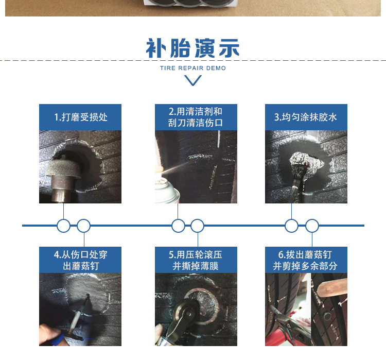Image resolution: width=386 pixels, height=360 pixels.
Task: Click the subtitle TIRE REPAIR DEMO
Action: pyautogui.click(x=193, y=68)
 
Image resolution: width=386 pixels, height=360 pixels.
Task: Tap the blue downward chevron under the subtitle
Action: pyautogui.click(x=193, y=80)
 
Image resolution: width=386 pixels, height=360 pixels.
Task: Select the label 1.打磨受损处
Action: pyautogui.click(x=81, y=117)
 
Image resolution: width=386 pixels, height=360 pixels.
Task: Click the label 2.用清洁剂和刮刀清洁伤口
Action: pyautogui.click(x=196, y=117)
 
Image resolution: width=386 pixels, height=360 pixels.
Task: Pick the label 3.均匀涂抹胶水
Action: pyautogui.click(x=306, y=117)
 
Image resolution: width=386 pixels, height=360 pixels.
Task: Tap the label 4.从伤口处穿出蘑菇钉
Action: pyautogui.click(x=81, y=260)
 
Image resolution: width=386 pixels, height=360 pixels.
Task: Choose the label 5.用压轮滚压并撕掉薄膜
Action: pyautogui.click(x=196, y=260)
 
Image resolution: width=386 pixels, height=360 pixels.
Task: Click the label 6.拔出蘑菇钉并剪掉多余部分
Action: pyautogui.click(x=306, y=260)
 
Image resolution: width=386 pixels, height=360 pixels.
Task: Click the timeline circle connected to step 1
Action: pyautogui.click(x=63, y=226)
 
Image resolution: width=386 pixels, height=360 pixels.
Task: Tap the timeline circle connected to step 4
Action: pyautogui.click(x=83, y=226)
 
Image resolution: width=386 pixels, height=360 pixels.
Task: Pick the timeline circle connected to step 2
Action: pyautogui.click(x=178, y=226)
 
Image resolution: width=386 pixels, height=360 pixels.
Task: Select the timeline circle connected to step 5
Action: pyautogui.click(x=198, y=226)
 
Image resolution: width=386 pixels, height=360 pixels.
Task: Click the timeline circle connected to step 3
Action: pyautogui.click(x=292, y=226)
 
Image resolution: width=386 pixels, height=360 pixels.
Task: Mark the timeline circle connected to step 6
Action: pyautogui.click(x=312, y=226)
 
